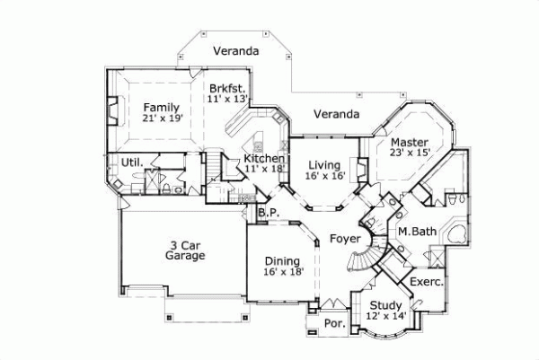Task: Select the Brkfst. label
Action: click(x=227, y=88)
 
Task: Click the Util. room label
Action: click(x=133, y=162)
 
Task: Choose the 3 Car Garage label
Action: click(x=186, y=250)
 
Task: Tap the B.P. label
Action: click(x=266, y=214)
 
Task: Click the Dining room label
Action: click(x=281, y=259)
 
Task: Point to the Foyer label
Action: click(x=344, y=239)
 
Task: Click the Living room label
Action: click(x=323, y=165)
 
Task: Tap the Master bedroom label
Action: click(x=410, y=141)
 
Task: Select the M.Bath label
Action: click(x=416, y=232)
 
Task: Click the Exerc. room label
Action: click(x=426, y=282)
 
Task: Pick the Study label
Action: click(x=386, y=305)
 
